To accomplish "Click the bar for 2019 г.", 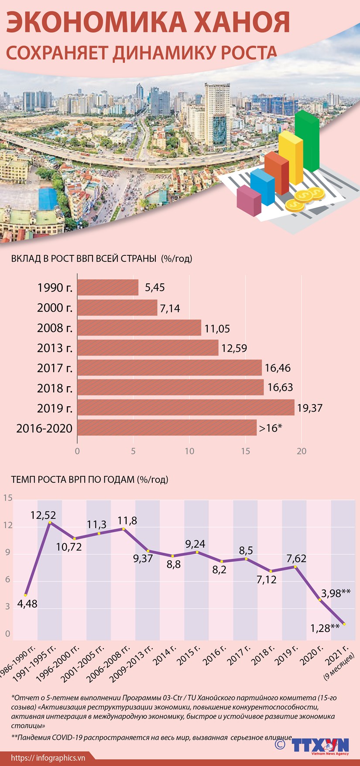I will tap(186, 408).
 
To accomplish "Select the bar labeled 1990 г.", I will tap(108, 288).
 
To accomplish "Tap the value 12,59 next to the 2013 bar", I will tap(234, 348).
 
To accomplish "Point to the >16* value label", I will tap(271, 428).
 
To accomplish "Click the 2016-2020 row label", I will tap(44, 429).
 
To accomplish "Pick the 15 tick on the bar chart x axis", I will tap(245, 451).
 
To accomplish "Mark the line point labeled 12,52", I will tap(50, 522).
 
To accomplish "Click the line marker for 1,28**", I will tap(344, 624).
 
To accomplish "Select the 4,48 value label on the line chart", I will tap(27, 605).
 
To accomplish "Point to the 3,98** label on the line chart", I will tap(336, 593).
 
